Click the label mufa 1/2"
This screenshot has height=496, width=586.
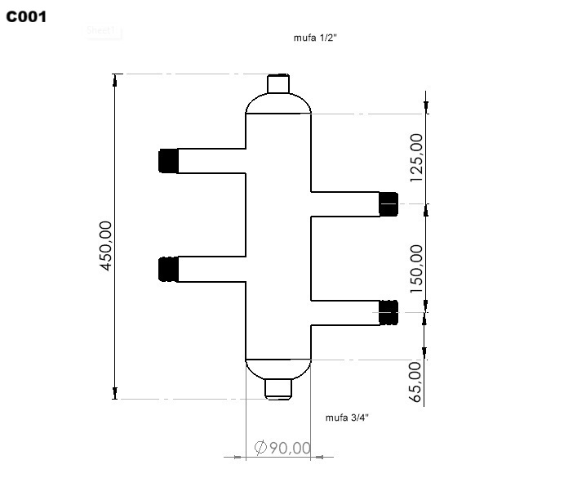[315, 38]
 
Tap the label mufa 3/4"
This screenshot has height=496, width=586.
[347, 418]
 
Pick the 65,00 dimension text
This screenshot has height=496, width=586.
[416, 382]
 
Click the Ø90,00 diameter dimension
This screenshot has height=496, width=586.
[282, 448]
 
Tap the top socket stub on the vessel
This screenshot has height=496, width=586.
[278, 83]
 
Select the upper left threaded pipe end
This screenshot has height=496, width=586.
[168, 160]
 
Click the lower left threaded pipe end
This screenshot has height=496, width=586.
[168, 269]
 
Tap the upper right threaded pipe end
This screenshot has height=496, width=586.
[388, 203]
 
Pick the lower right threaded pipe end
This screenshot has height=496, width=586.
[388, 311]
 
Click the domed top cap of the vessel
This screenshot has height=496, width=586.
[278, 104]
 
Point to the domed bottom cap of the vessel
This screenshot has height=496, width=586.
[278, 368]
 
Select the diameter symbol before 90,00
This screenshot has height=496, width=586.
[260, 448]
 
